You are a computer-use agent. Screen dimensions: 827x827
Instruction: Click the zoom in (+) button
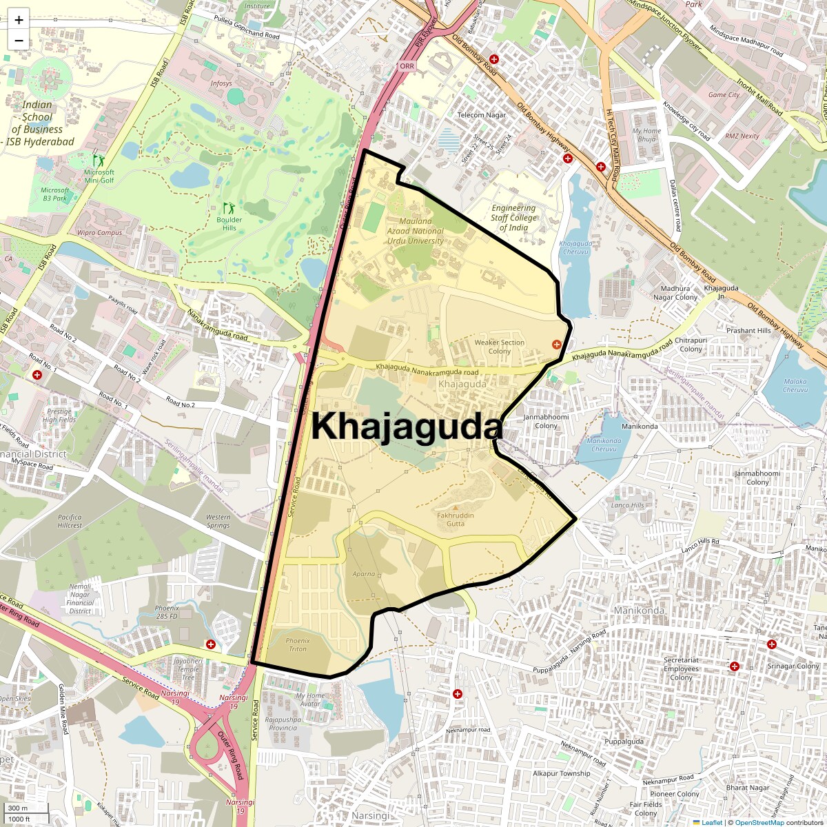click(x=19, y=20)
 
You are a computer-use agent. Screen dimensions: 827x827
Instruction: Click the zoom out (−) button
click(x=19, y=41)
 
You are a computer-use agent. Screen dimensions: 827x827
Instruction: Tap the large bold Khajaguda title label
click(x=407, y=427)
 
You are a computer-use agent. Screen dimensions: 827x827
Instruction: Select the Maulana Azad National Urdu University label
click(x=415, y=232)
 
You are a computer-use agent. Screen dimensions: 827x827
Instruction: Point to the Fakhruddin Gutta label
click(x=455, y=519)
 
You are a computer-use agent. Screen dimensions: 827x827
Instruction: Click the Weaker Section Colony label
click(x=500, y=347)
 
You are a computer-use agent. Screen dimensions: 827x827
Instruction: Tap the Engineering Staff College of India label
click(x=513, y=218)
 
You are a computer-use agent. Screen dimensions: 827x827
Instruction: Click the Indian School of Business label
click(x=37, y=123)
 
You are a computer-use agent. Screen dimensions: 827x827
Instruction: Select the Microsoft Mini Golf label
click(x=99, y=176)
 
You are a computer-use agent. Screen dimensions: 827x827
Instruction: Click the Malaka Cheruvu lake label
click(x=795, y=385)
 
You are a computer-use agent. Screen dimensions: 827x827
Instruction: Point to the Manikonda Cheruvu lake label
click(x=604, y=445)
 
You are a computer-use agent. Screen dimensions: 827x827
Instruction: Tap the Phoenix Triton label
click(x=298, y=644)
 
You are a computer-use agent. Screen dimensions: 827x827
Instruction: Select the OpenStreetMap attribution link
click(x=759, y=822)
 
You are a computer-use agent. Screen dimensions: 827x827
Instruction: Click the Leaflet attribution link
click(x=712, y=822)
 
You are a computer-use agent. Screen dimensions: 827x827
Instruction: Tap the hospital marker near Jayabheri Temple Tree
click(x=211, y=644)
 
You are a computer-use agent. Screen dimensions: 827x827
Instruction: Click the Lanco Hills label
click(x=627, y=505)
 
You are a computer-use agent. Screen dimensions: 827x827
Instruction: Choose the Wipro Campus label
click(x=100, y=233)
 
